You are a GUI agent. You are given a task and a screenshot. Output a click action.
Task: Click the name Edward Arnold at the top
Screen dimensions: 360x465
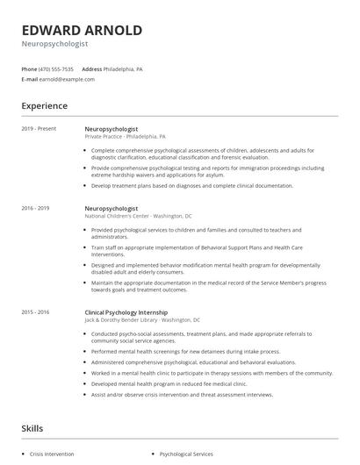pos(82,30)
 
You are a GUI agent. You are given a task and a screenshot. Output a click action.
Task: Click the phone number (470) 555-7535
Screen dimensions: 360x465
pos(56,68)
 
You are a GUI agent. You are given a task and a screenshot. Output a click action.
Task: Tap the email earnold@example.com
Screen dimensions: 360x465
pos(68,79)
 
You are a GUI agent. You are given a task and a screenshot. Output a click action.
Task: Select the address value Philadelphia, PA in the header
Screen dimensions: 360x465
pos(123,68)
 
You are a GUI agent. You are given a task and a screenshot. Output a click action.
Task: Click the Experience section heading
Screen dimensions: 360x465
pos(45,106)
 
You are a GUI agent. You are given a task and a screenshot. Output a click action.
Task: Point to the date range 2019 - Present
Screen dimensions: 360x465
pos(39,129)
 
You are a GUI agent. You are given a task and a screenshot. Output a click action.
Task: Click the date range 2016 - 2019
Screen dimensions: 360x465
pos(36,208)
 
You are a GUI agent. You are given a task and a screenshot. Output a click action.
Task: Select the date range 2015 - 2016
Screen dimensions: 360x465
pos(36,312)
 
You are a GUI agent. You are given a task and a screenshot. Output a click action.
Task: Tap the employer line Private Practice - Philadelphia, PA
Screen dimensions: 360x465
pos(125,137)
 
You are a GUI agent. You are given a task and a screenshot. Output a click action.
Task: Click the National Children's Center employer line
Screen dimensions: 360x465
pos(139,216)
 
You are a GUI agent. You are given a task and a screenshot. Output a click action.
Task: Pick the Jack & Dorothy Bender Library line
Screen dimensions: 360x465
pos(142,320)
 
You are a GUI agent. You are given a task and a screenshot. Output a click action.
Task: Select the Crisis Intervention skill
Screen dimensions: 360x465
pos(52,454)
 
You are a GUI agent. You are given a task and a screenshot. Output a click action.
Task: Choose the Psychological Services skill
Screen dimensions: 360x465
pos(185,454)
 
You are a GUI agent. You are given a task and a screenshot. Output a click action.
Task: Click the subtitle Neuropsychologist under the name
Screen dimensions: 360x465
pos(54,43)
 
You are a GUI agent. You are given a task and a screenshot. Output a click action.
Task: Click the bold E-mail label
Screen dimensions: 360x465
pos(30,79)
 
